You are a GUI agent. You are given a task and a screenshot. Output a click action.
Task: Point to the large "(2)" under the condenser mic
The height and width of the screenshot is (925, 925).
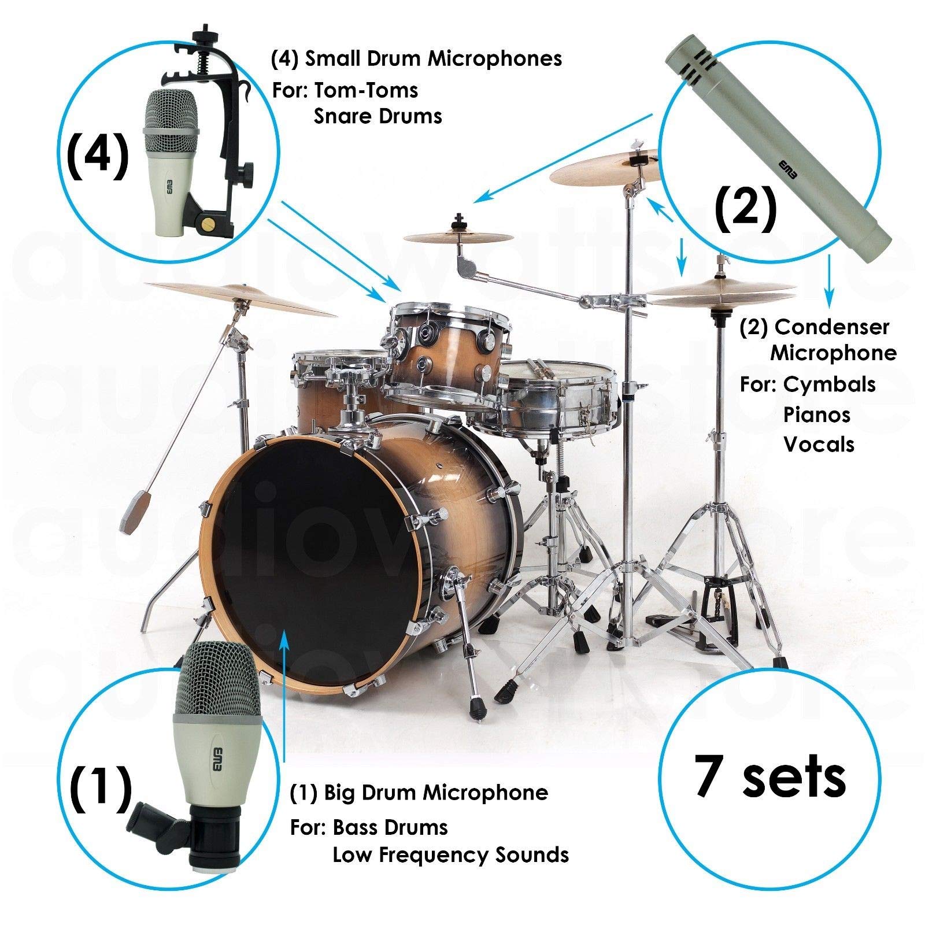(x=746, y=209)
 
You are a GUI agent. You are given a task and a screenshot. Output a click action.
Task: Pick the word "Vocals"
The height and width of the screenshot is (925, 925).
(x=819, y=444)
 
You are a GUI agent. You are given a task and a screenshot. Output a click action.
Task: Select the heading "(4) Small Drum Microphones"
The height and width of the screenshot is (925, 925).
(x=416, y=59)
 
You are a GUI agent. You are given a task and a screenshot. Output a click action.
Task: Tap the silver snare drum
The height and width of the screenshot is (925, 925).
(x=543, y=395)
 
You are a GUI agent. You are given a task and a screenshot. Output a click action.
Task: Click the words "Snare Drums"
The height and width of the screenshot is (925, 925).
(x=378, y=116)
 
